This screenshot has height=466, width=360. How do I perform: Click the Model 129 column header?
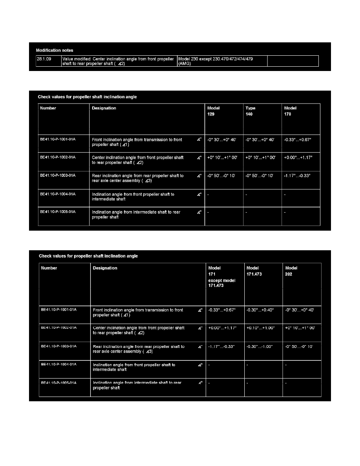pyautogui.click(x=214, y=111)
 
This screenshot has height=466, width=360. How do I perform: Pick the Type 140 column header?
pyautogui.click(x=251, y=111)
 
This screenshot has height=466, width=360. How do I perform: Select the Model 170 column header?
pyautogui.click(x=291, y=111)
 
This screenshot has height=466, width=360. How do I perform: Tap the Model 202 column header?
pyautogui.click(x=291, y=271)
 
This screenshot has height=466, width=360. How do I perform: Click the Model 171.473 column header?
pyautogui.click(x=254, y=271)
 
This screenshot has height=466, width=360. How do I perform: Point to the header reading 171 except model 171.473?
pyautogui.click(x=222, y=279)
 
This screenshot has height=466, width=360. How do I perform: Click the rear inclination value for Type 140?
pyautogui.click(x=260, y=176)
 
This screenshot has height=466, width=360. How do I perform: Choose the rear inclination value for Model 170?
pyautogui.click(x=296, y=176)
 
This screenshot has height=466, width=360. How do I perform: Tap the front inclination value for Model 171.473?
pyautogui.click(x=260, y=310)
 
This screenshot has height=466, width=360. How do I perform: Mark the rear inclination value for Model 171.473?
pyautogui.click(x=260, y=347)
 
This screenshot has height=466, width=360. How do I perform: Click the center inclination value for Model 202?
pyautogui.click(x=300, y=328)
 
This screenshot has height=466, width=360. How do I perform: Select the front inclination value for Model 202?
pyautogui.click(x=300, y=310)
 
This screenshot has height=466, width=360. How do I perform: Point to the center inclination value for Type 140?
pyautogui.click(x=260, y=157)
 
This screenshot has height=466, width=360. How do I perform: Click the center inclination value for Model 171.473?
pyautogui.click(x=260, y=328)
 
